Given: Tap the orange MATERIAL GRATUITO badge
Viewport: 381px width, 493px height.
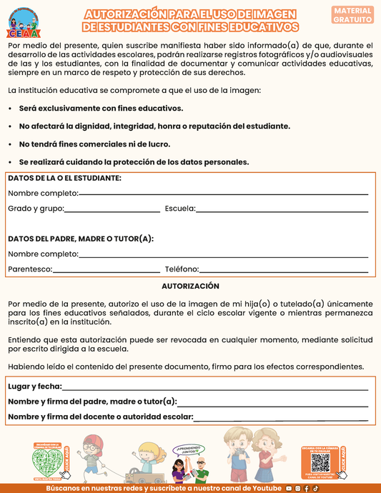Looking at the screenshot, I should click(352, 15).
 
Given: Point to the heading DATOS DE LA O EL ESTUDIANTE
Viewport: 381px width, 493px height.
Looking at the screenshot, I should click(64, 178).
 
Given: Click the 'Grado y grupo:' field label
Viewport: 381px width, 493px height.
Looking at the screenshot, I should click(36, 209).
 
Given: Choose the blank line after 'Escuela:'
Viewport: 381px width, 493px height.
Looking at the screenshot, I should click(282, 210).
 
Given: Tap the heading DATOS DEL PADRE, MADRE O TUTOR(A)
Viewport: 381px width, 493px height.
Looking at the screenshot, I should click(81, 239).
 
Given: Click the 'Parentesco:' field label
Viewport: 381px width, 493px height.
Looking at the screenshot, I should click(30, 269).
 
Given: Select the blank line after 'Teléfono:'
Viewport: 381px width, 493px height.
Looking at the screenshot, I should click(283, 271).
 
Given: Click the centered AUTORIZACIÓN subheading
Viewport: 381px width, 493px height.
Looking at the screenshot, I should click(190, 286).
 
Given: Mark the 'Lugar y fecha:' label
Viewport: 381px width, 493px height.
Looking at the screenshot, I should click(34, 387).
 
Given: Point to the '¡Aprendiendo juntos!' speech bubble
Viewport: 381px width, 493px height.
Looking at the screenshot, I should click(190, 451).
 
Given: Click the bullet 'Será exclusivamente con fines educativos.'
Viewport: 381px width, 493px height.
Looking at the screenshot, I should click(101, 109).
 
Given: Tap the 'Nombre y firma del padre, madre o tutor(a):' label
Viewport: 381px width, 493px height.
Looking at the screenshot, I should click(92, 402).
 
